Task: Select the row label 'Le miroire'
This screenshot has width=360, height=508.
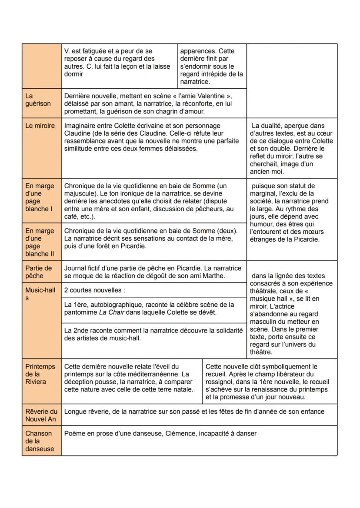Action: pos(40,126)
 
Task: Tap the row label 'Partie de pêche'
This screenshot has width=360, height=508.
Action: pos(38,272)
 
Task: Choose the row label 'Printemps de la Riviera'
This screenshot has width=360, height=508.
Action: pos(40,374)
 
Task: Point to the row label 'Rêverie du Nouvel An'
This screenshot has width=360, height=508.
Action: pos(41,415)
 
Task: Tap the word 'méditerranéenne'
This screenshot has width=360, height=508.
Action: pos(146,374)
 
